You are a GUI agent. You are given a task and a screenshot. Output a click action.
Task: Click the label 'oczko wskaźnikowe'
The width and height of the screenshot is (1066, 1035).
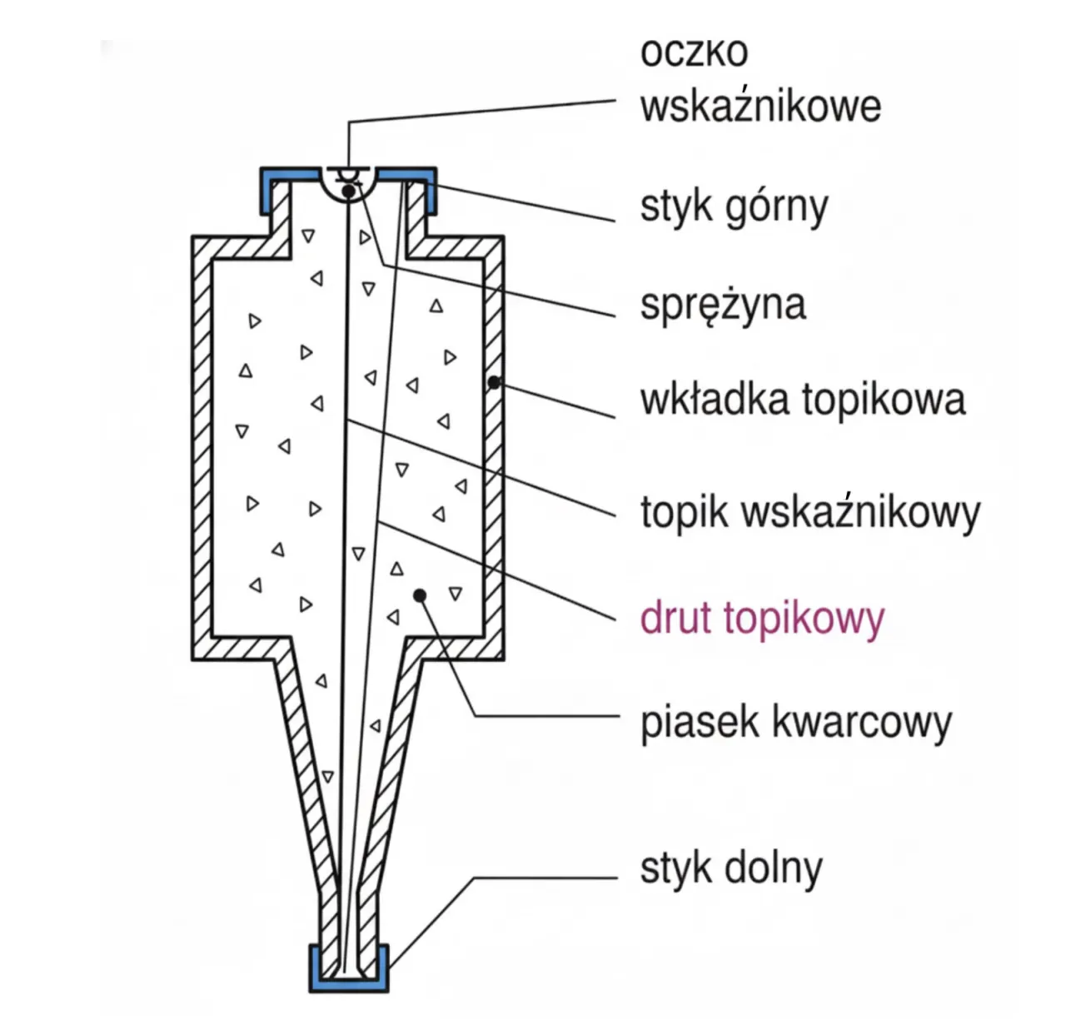click(x=760, y=81)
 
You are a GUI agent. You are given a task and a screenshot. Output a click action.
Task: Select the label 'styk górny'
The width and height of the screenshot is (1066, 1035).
click(x=734, y=207)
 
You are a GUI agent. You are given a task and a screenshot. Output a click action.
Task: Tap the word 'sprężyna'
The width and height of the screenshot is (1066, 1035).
click(x=722, y=304)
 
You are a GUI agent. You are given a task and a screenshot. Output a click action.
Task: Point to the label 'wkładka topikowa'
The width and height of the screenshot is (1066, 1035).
click(x=802, y=399)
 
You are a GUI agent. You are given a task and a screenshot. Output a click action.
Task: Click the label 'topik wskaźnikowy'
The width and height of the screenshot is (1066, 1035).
click(x=809, y=512)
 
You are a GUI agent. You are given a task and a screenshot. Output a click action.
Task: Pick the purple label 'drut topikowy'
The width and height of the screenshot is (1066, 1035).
click(x=761, y=619)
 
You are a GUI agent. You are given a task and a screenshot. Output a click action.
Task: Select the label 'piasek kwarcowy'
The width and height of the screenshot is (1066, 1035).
click(x=795, y=722)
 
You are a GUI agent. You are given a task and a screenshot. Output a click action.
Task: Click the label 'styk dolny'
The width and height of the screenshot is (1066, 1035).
click(x=730, y=868)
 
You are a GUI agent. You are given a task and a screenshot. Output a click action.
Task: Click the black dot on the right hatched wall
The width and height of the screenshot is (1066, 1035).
click(x=494, y=382)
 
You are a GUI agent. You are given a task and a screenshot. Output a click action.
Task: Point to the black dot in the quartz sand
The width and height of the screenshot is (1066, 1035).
click(x=421, y=595)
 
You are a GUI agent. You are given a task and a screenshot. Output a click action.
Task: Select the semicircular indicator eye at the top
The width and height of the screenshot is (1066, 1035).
click(x=348, y=183)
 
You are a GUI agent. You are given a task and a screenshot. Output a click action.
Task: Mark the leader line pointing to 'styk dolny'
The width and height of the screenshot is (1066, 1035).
click(x=541, y=878)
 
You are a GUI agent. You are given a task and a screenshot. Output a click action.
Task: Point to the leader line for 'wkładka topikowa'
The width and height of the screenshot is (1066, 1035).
click(x=558, y=400)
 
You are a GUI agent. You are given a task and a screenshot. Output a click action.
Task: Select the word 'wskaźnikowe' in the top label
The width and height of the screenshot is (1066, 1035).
click(x=760, y=107)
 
